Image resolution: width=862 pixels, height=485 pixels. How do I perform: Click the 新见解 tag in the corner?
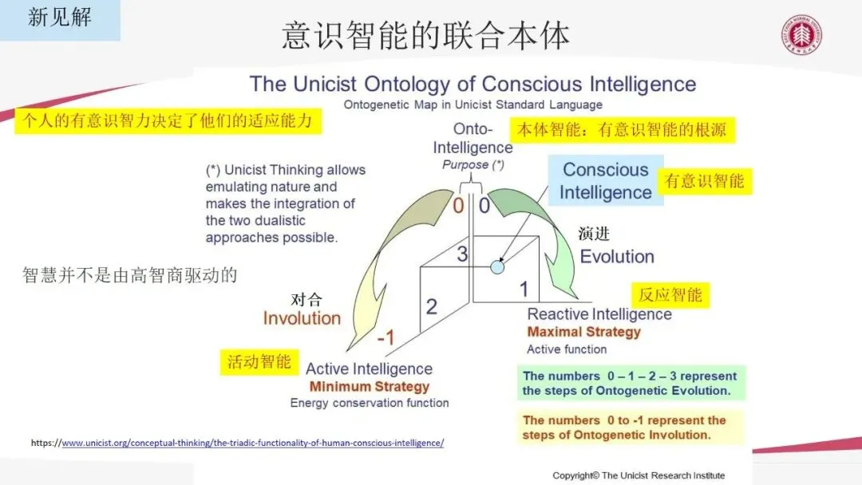pos(60,18)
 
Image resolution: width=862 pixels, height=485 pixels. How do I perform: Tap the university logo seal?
pos(801,37)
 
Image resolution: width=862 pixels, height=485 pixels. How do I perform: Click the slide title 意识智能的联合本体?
pos(425,37)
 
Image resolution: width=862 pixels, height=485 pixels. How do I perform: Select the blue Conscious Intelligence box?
pos(606,181)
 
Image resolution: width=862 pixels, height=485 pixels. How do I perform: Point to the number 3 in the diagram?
pos(462,255)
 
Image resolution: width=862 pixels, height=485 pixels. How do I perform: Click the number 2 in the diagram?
pos(431,306)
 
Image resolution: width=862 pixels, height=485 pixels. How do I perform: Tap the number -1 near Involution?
pos(386,337)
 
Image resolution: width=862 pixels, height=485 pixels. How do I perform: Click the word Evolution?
pos(617,257)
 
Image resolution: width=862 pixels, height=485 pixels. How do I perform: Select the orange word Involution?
pos(302,318)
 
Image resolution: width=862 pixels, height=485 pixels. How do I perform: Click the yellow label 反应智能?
pos(670,295)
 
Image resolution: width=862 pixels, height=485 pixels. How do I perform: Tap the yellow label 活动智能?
pos(259,361)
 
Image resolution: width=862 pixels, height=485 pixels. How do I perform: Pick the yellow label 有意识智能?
pos(705,181)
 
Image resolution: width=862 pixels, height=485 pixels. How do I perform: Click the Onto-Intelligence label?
pos(473,139)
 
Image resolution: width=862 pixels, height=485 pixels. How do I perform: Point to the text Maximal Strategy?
pos(583,332)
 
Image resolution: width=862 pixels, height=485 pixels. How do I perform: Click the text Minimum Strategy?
pos(370,387)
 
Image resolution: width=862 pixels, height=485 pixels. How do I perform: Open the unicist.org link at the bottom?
pos(252,443)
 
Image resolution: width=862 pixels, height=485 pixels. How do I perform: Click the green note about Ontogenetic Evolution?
pos(631,383)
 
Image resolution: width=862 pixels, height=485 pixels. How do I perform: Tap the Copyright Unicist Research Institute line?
pos(639,475)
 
